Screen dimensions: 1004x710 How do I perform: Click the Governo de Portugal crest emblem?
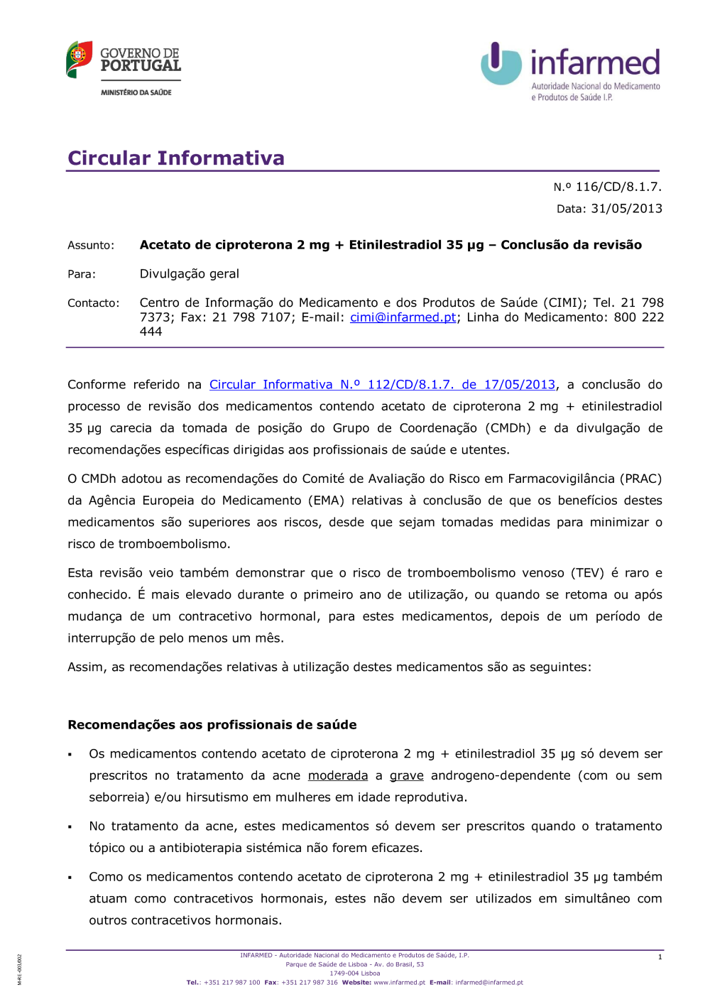80,60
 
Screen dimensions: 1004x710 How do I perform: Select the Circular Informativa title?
176,158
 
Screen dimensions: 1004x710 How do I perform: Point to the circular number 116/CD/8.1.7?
618,187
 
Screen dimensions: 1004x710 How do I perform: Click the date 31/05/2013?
626,209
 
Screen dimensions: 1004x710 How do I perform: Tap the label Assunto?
91,246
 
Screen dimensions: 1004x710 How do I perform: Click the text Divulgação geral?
189,274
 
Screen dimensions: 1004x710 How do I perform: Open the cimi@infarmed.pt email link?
403,317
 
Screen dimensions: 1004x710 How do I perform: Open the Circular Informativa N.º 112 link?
382,385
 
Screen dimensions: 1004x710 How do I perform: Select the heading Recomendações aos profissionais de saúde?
212,725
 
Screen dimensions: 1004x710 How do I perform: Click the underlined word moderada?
338,776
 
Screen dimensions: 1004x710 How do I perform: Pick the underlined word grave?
406,776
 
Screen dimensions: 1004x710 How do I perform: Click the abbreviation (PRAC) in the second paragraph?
641,479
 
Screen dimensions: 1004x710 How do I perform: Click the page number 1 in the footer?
660,957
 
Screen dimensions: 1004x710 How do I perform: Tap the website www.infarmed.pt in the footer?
399,983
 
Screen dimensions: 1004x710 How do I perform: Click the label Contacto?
94,303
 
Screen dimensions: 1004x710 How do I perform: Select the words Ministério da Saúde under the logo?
136,92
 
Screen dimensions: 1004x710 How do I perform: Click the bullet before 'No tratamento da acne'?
70,827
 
